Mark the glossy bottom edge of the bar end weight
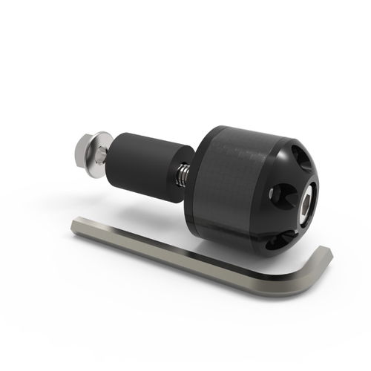coord(245,247)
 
